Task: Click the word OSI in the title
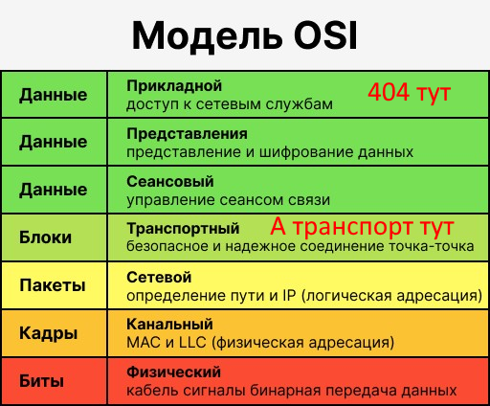pos(325,35)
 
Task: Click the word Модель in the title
pos(207,36)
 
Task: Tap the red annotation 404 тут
pos(410,92)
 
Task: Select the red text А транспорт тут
pos(362,226)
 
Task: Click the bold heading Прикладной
pos(174,86)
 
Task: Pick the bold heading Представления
pos(187,134)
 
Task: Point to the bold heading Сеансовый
pos(170,182)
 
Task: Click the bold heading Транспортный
pos(183,229)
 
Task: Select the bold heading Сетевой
pos(159,277)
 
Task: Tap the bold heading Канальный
pos(169,325)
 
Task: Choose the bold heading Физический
pos(173,372)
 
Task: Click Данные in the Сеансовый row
pos(54,191)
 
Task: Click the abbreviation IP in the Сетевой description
pos(289,296)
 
